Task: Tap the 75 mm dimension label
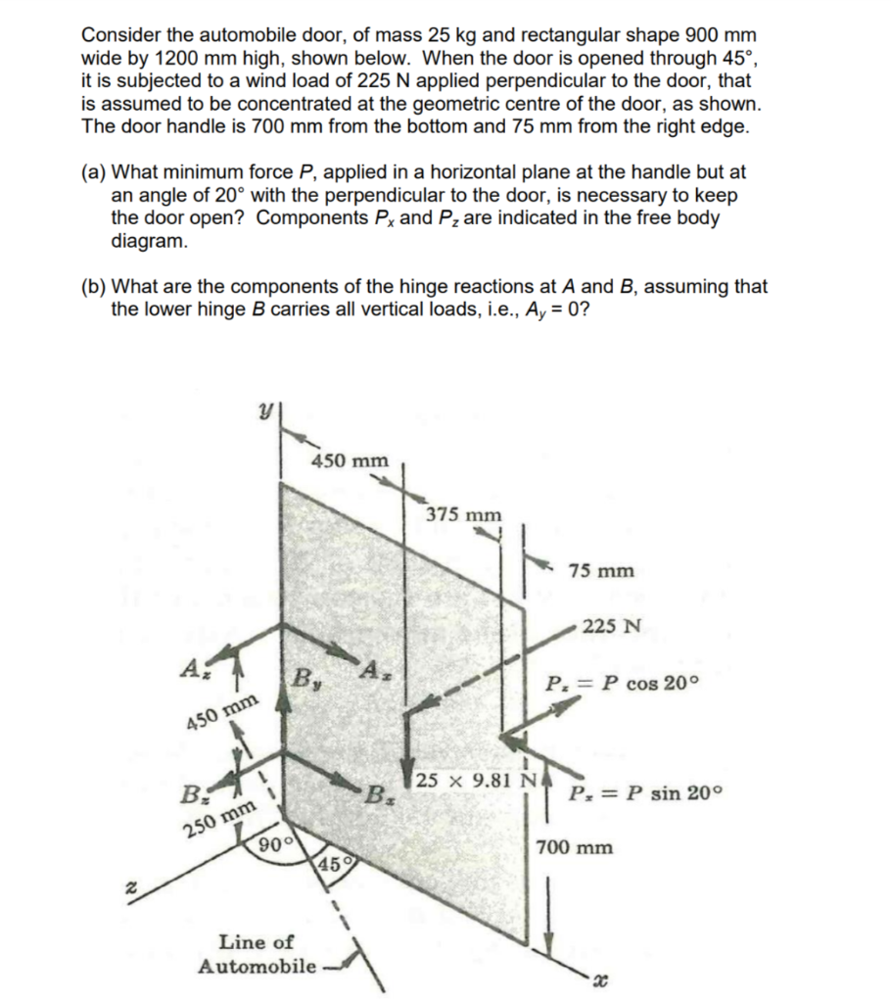point(600,571)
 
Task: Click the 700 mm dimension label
point(576,847)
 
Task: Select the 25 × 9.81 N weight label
point(474,781)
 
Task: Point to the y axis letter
point(263,418)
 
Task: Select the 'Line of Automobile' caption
point(257,954)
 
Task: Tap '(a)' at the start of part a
point(94,172)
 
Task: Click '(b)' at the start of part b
point(94,288)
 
